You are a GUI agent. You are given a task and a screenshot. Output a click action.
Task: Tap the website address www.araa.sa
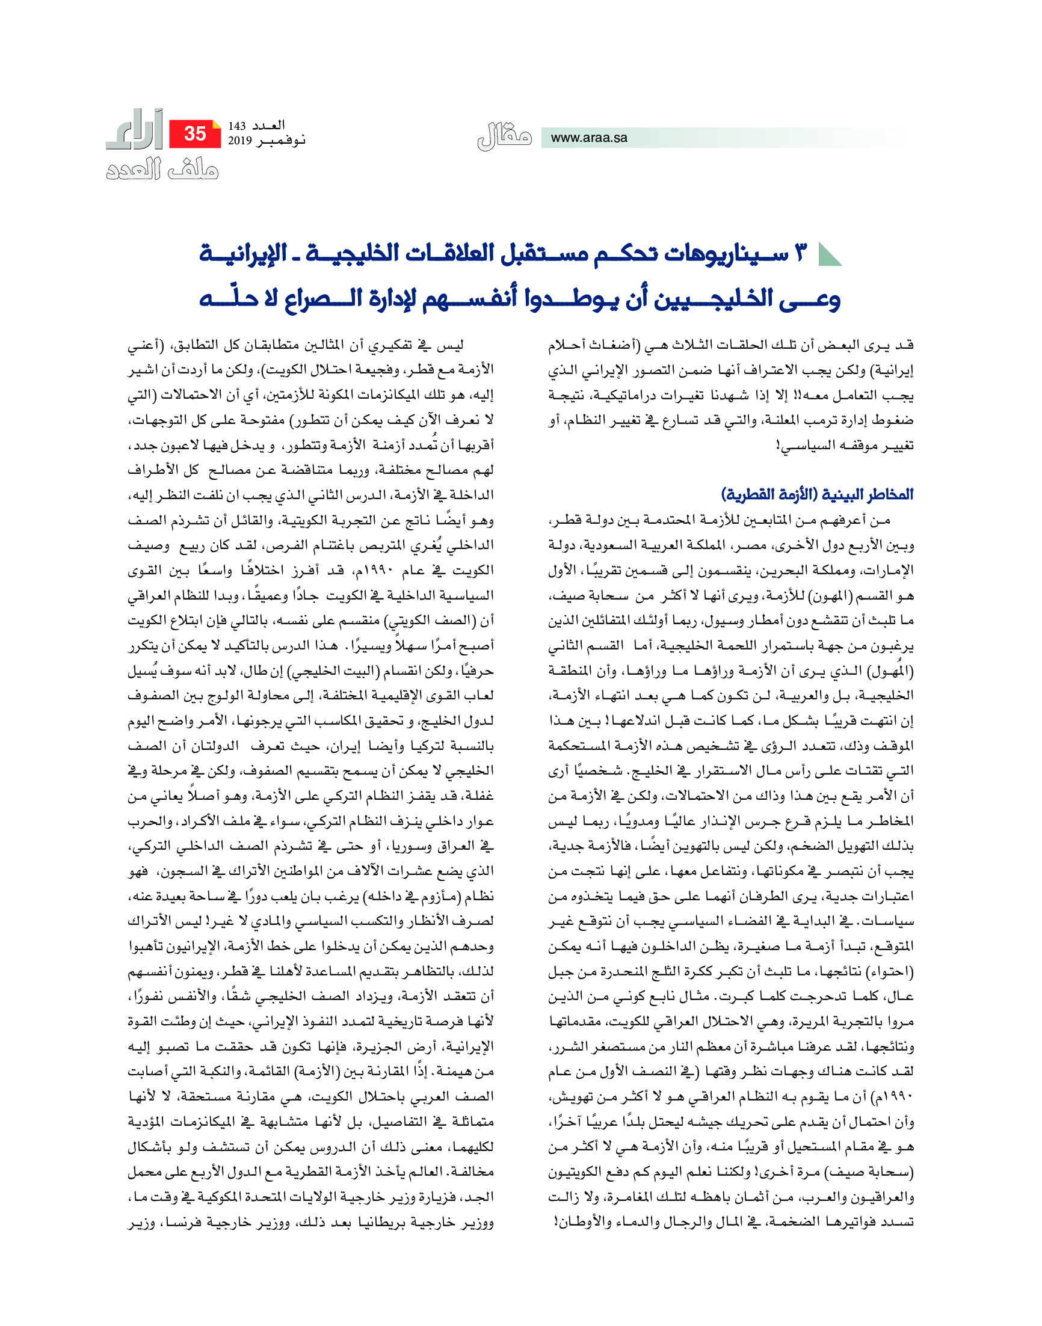(x=589, y=138)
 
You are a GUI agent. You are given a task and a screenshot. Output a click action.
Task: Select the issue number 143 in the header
(x=236, y=126)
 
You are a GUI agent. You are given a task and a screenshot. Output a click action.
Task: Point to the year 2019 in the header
(x=240, y=141)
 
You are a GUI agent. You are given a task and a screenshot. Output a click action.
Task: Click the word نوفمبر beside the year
(x=281, y=141)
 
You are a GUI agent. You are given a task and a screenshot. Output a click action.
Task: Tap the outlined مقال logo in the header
(x=504, y=137)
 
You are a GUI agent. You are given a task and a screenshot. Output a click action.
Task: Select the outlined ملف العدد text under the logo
(x=162, y=169)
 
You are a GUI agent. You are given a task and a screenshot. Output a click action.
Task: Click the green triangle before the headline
(x=829, y=254)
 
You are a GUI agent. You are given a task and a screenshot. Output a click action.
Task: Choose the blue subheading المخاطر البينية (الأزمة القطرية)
(x=818, y=494)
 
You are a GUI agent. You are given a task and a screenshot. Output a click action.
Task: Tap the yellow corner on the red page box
(x=216, y=124)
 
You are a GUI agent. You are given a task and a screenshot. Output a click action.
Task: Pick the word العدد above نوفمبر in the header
(x=269, y=126)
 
